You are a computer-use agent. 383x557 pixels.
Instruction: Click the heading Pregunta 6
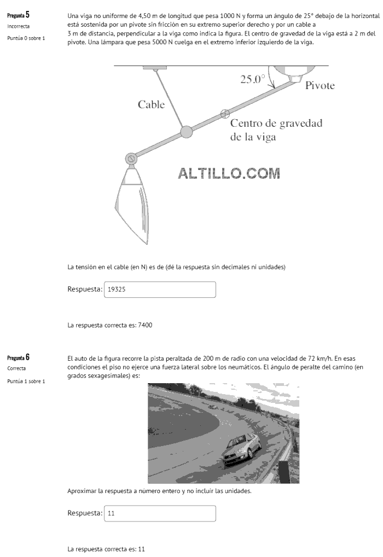(18, 357)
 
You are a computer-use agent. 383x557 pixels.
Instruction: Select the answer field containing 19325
(160, 290)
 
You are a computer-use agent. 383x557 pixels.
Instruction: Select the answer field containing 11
(160, 514)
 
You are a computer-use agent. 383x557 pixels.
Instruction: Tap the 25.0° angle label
(252, 79)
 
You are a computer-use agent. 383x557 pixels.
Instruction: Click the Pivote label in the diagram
(320, 86)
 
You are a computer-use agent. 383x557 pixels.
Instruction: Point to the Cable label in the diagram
(151, 104)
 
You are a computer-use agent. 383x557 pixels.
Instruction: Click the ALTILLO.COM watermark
(229, 173)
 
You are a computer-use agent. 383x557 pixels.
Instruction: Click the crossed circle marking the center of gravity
(224, 114)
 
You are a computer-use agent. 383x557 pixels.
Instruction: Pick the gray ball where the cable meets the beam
(187, 131)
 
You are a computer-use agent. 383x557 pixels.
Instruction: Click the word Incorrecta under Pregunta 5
(19, 26)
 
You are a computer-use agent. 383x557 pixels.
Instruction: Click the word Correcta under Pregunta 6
(16, 368)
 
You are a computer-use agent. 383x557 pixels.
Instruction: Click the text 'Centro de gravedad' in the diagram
(276, 123)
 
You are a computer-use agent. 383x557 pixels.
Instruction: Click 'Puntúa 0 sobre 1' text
(26, 38)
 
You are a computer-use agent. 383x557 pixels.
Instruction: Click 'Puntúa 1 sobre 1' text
(26, 380)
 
